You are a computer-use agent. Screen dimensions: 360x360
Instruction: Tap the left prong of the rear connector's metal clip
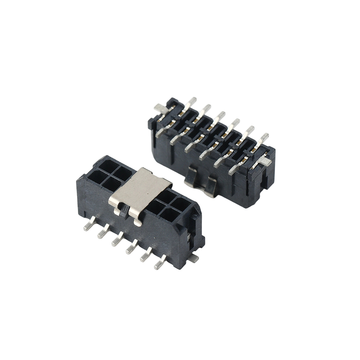[x=191, y=178]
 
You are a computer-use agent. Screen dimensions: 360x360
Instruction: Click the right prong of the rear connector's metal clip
[x=211, y=187]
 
